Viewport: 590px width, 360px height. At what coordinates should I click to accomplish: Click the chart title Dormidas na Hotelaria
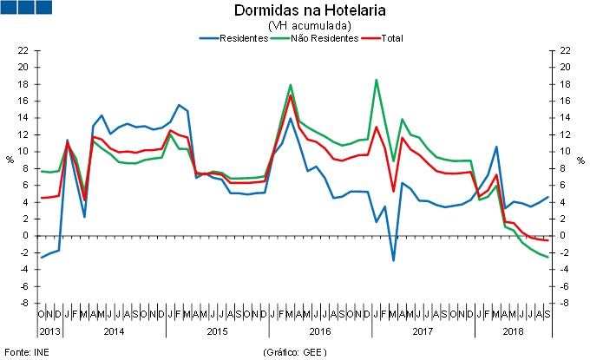[297, 11]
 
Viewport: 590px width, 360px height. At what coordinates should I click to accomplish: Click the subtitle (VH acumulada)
[297, 26]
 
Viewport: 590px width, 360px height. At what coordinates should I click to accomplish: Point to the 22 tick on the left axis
[23, 50]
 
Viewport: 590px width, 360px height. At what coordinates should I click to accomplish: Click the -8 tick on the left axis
[23, 304]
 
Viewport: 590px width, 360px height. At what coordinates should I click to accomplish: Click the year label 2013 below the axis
[49, 331]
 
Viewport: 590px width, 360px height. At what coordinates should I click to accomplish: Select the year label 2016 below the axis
[319, 331]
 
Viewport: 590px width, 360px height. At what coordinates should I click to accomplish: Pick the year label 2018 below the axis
[512, 331]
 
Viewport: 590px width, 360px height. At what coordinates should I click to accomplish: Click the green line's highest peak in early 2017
[376, 80]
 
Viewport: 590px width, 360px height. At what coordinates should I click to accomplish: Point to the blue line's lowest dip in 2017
[393, 260]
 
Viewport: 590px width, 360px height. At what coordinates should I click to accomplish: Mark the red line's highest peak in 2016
[291, 95]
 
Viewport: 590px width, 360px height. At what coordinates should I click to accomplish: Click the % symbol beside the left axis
[10, 160]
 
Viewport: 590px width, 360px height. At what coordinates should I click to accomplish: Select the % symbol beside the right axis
[580, 160]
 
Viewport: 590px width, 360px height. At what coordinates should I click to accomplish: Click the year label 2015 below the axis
[217, 331]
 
